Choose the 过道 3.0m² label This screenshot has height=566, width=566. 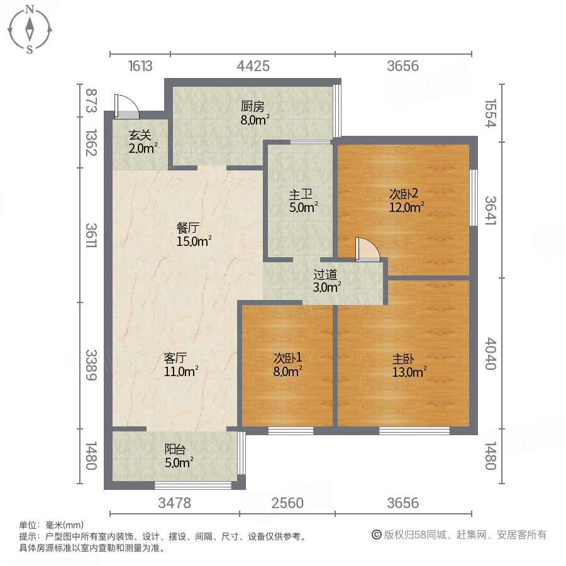tap(327, 280)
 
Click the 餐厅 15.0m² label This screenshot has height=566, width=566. tap(194, 233)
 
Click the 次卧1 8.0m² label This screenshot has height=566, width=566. tap(287, 364)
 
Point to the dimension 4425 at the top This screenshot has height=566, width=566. tap(253, 66)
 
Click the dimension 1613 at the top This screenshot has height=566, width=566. tap(140, 66)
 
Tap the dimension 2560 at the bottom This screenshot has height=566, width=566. tap(287, 503)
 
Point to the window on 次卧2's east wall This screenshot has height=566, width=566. tap(474, 197)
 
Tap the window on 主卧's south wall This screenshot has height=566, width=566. tap(414, 431)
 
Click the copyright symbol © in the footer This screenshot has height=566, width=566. tap(377, 535)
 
